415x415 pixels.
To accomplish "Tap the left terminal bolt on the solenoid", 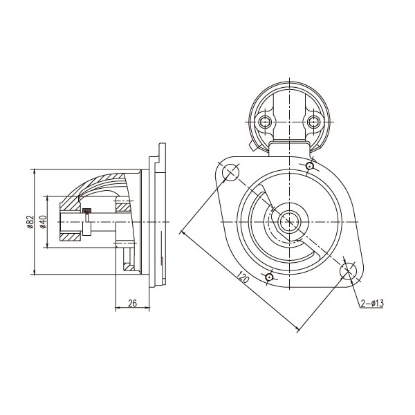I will (264, 123).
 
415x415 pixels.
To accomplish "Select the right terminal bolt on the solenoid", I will (313, 123).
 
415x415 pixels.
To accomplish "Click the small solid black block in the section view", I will (86, 210).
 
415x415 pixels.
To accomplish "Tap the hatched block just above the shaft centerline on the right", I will (122, 205).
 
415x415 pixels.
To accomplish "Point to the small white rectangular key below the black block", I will (86, 228).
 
